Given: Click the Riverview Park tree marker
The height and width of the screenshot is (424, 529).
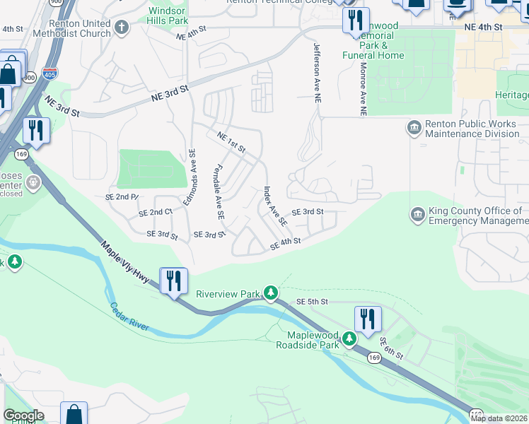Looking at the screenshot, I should (270, 293).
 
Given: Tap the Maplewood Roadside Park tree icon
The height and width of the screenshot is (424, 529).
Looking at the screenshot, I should (349, 340).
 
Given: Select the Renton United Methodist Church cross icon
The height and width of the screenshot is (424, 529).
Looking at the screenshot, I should (122, 28).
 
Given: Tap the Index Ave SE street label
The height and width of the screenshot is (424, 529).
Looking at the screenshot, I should (275, 206).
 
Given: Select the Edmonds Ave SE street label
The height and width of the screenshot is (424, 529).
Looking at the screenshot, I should (189, 177).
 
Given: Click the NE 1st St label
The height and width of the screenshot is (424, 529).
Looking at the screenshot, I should (231, 143).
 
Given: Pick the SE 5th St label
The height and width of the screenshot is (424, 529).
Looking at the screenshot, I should (313, 302).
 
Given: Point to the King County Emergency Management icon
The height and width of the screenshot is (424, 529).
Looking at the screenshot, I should (417, 214).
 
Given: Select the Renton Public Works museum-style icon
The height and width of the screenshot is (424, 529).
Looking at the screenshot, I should (413, 128).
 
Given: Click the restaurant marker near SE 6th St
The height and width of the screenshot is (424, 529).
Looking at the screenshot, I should (368, 319).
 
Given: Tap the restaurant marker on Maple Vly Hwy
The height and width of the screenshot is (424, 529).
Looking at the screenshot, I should (173, 281).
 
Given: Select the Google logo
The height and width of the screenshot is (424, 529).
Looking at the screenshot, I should (23, 416).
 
